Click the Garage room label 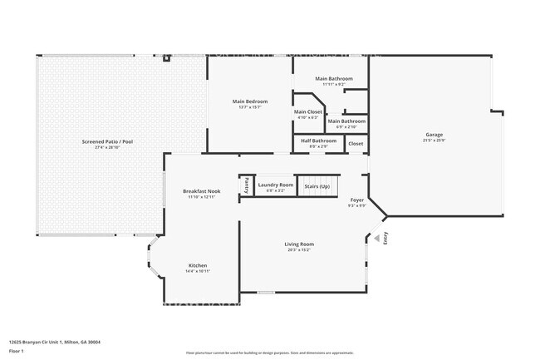[434, 135]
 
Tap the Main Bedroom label [250, 101]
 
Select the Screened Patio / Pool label [107, 142]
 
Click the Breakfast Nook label [201, 191]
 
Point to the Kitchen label [198, 266]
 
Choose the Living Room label [299, 244]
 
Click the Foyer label [356, 200]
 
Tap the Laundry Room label [275, 185]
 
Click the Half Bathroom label [318, 141]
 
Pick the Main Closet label [308, 111]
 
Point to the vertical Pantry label [247, 185]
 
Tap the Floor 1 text [17, 351]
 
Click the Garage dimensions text [434, 140]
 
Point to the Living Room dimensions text [299, 249]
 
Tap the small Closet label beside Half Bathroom [356, 143]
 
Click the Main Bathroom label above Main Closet [334, 78]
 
